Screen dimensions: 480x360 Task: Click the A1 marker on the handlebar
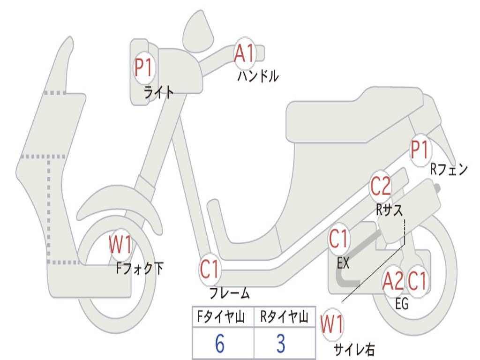244,54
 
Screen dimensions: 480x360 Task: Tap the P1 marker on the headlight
143,68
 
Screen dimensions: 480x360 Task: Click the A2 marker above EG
393,282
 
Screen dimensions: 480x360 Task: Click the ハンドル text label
258,76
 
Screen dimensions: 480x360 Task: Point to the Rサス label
389,210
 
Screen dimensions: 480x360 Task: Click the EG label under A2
402,304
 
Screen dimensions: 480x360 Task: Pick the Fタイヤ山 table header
222,318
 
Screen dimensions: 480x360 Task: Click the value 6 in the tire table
220,344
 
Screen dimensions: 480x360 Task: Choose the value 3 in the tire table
281,344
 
